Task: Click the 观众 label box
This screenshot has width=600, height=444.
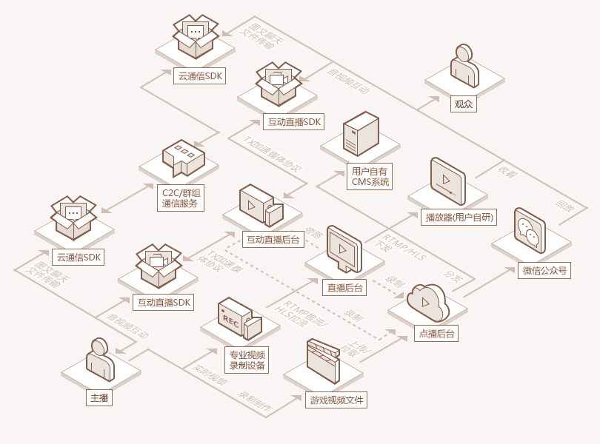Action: click(463, 104)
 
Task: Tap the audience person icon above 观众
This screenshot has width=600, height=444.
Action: click(464, 67)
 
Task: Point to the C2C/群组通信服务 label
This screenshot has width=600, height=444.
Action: click(181, 198)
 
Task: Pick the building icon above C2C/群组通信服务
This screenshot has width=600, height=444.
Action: click(183, 158)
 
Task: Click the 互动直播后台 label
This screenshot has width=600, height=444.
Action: click(273, 239)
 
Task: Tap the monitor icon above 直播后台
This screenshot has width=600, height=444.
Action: click(343, 249)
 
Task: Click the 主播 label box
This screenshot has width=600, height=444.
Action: click(99, 398)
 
